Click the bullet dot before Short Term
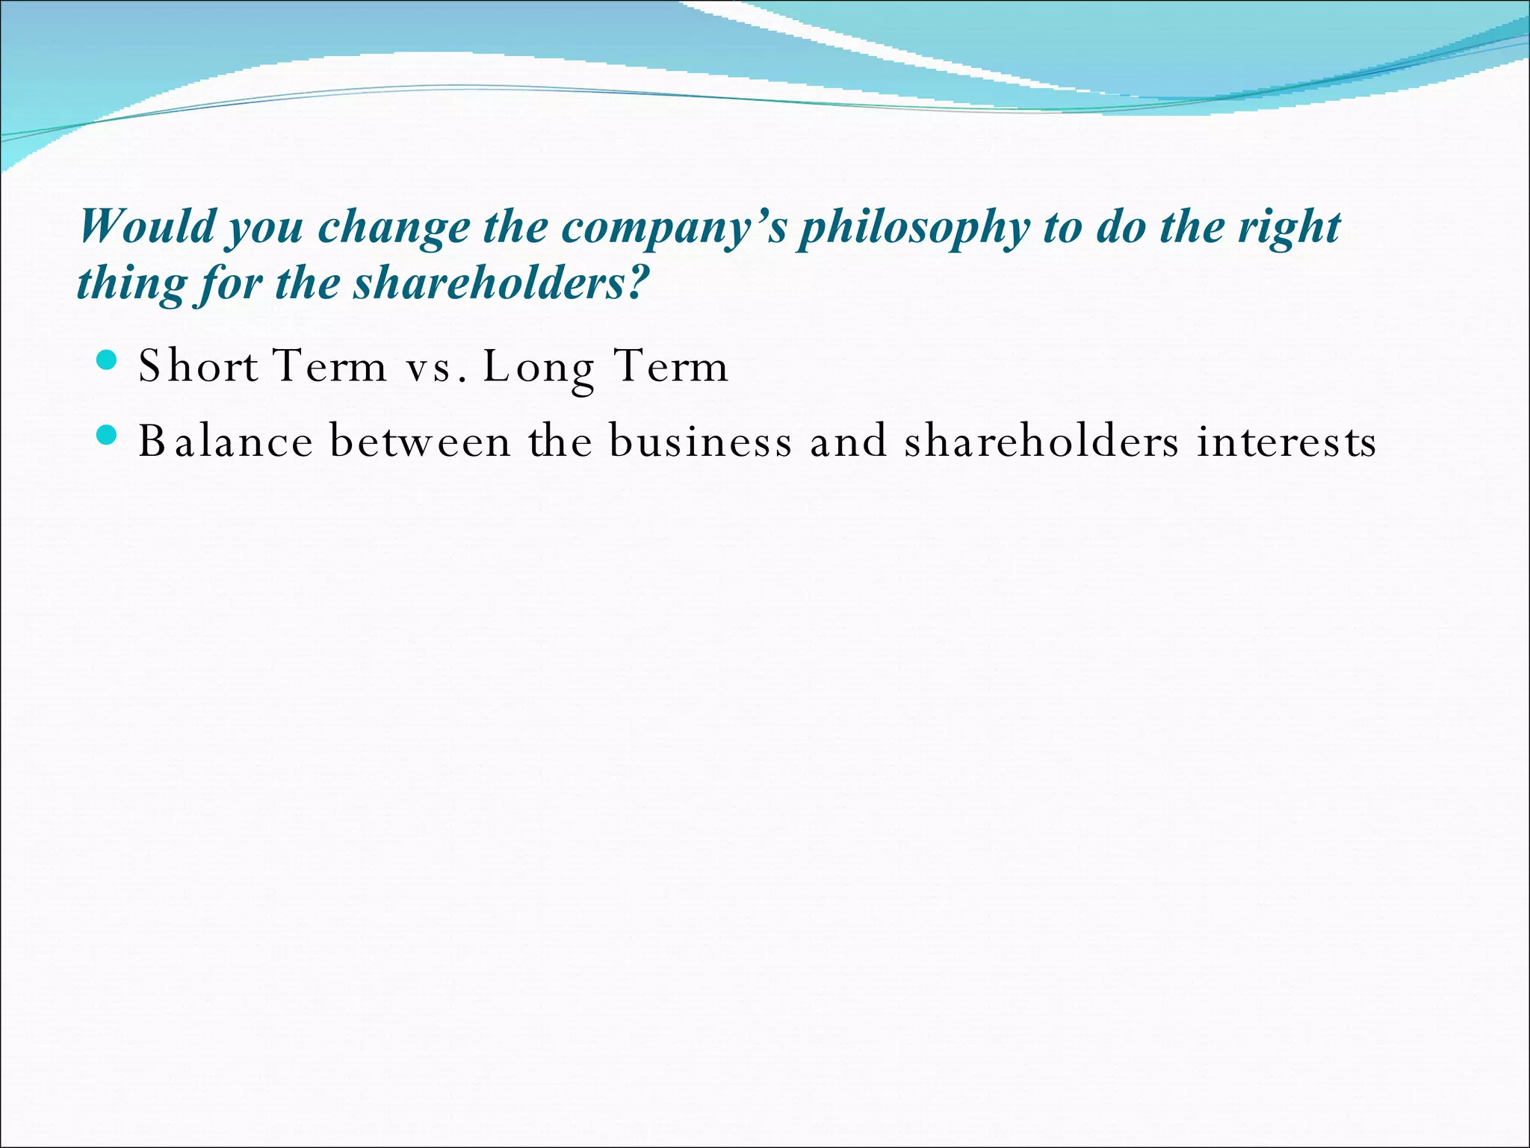107,361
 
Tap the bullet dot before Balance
107,436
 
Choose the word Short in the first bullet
198,367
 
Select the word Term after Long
670,367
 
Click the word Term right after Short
329,367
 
